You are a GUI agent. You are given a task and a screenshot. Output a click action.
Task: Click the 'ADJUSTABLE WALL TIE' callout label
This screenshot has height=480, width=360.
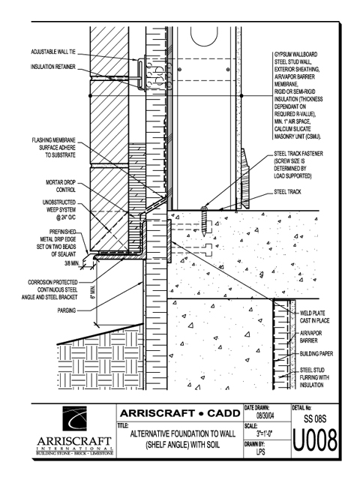53,52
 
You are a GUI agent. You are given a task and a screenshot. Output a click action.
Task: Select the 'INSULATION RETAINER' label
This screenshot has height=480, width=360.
53,67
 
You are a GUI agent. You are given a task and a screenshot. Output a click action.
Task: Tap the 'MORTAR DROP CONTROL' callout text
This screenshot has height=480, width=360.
61,186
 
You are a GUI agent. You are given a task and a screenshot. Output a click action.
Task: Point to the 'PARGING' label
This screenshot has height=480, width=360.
67,310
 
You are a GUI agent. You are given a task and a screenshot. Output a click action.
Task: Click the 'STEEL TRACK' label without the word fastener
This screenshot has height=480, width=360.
287,192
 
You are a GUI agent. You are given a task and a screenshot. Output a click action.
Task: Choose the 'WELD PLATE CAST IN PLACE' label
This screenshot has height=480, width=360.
314,316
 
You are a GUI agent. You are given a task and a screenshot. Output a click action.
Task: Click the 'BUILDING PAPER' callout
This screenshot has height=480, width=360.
316,354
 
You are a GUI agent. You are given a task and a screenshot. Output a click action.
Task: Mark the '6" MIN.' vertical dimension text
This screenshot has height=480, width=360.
93,292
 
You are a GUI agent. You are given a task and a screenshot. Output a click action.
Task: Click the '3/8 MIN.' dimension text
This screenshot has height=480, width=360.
72,263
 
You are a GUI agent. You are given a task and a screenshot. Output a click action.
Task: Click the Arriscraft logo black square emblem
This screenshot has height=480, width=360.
74,418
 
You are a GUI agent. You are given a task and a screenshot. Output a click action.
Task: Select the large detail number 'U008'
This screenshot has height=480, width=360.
315,440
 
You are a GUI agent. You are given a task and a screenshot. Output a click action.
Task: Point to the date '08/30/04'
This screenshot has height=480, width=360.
265,415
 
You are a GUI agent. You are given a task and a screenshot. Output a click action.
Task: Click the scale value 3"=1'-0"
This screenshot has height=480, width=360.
265,433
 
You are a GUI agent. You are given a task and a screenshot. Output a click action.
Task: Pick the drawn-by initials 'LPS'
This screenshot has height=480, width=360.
260,451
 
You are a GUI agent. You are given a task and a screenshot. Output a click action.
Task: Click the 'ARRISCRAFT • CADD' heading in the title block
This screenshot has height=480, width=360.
180,413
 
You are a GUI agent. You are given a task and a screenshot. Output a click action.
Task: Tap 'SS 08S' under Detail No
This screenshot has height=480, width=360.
315,418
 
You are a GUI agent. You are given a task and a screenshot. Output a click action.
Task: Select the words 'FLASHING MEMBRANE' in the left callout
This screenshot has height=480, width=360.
53,140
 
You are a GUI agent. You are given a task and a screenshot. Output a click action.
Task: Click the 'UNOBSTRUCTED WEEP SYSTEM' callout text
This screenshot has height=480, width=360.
59,206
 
